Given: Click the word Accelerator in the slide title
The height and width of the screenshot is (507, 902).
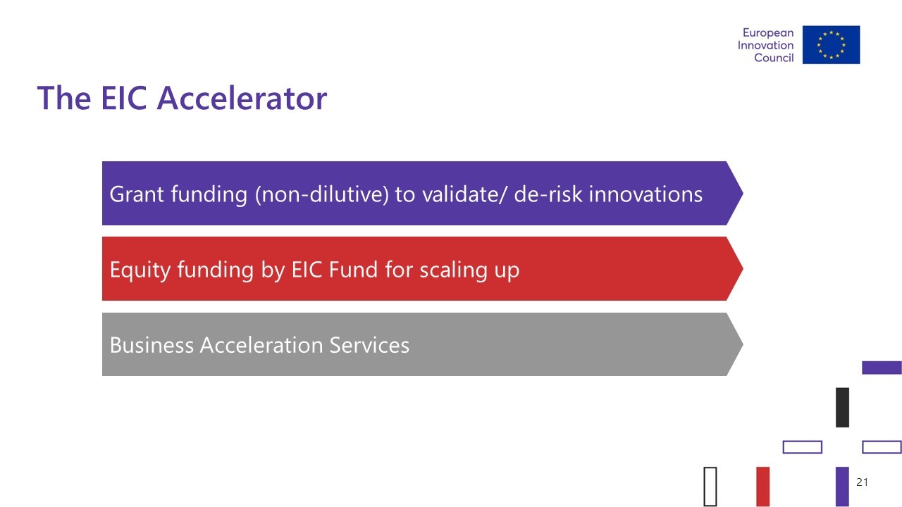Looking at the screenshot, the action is [242, 98].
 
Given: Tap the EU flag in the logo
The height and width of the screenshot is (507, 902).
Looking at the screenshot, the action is [831, 44].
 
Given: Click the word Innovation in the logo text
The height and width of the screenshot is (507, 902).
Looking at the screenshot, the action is [765, 45].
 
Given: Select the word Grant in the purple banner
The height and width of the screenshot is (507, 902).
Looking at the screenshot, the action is [137, 194].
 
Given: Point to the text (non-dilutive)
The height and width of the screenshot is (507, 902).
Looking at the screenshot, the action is [322, 194].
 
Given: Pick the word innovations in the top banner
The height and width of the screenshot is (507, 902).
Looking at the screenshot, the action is [646, 194].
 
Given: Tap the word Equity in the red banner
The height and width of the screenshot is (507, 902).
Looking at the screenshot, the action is [140, 270].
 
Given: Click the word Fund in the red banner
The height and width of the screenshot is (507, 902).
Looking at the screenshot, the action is [353, 270].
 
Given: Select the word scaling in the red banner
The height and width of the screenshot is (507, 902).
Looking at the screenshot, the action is [453, 270].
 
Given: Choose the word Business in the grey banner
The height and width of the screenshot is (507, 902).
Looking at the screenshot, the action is [152, 345].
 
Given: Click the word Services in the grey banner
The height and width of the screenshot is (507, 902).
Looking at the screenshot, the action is [369, 345].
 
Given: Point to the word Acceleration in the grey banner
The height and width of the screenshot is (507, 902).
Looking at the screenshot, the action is [261, 345].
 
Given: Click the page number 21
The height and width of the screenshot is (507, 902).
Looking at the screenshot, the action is [862, 482].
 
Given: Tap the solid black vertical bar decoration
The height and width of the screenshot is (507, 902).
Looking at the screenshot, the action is [842, 407].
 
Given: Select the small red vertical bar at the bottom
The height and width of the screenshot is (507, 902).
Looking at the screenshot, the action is [763, 487].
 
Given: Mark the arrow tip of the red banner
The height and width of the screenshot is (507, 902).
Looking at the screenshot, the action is [743, 269].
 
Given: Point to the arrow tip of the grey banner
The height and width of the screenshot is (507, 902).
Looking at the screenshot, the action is [743, 344].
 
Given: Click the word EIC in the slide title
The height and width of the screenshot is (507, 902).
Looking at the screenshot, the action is [123, 98].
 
